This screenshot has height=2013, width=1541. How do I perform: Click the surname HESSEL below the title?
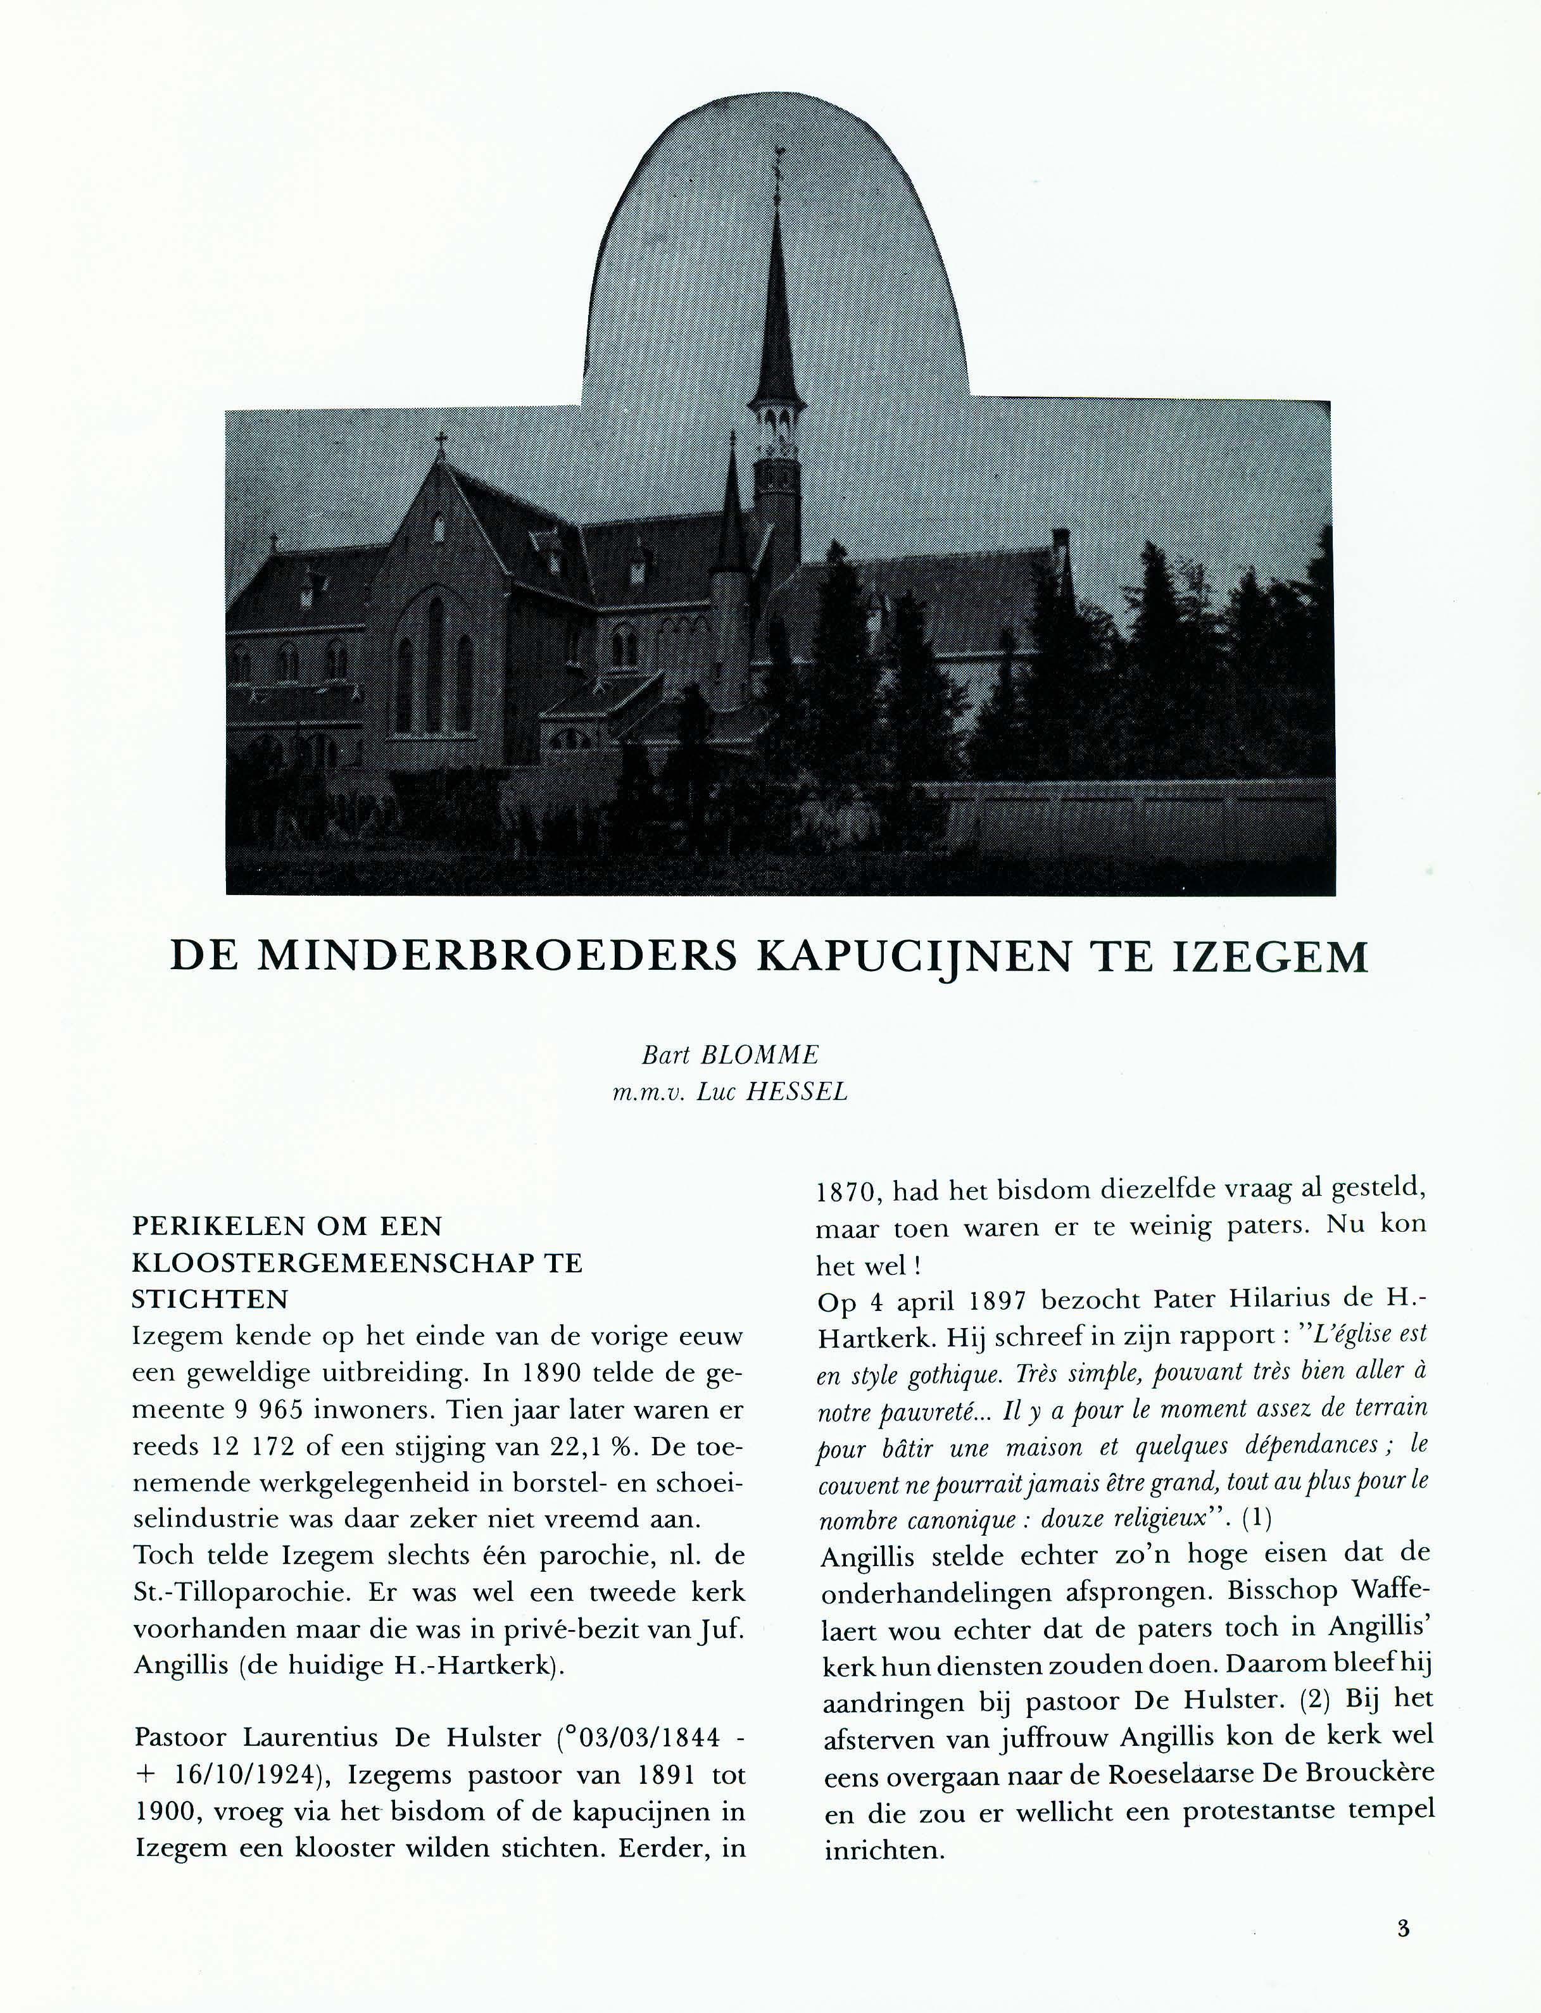pos(796,1092)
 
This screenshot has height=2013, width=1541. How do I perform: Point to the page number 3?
pos(1402,1928)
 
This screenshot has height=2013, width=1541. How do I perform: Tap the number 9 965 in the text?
pos(278,1410)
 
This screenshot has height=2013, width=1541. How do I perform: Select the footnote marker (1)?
pos(1257,1519)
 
